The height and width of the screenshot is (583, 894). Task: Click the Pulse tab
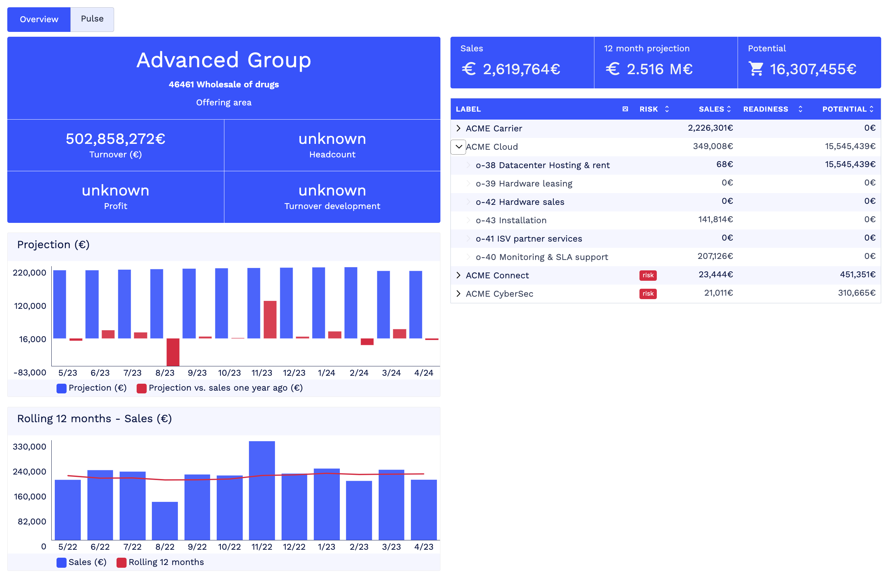[x=92, y=19]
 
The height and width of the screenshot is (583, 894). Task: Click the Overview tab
[x=39, y=19]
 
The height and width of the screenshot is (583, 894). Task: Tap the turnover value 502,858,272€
[x=115, y=139]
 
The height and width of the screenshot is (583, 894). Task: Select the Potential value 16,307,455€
[x=813, y=69]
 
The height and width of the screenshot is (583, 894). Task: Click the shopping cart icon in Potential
[x=756, y=69]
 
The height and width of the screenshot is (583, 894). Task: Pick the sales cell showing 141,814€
[x=715, y=220]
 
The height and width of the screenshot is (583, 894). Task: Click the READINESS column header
[x=766, y=109]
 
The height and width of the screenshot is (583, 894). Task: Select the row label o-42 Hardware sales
[x=520, y=202]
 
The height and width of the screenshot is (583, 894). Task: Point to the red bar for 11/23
[x=270, y=320]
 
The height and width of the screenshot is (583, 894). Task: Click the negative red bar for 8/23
[x=173, y=352]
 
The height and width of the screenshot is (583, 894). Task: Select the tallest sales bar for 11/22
[x=262, y=490]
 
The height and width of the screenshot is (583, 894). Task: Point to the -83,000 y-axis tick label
[x=30, y=373]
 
